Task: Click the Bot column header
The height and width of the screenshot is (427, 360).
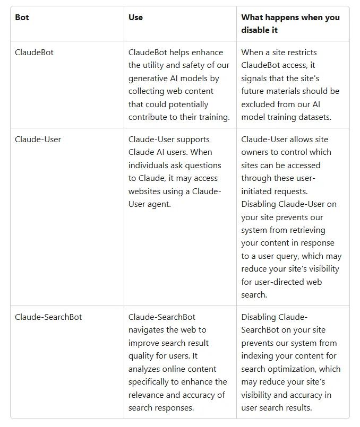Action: click(x=22, y=18)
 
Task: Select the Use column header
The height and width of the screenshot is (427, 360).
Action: click(x=135, y=18)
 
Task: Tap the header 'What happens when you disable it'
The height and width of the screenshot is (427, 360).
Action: click(x=290, y=23)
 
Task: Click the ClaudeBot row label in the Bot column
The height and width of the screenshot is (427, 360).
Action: click(x=34, y=53)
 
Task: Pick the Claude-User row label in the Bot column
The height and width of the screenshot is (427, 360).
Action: click(x=38, y=140)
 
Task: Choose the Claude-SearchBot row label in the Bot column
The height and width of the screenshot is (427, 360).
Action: click(x=48, y=317)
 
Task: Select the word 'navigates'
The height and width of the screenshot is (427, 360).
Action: click(x=148, y=330)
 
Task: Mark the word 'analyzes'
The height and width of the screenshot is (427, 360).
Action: click(x=146, y=369)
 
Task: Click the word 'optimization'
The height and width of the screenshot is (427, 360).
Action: click(x=294, y=369)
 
